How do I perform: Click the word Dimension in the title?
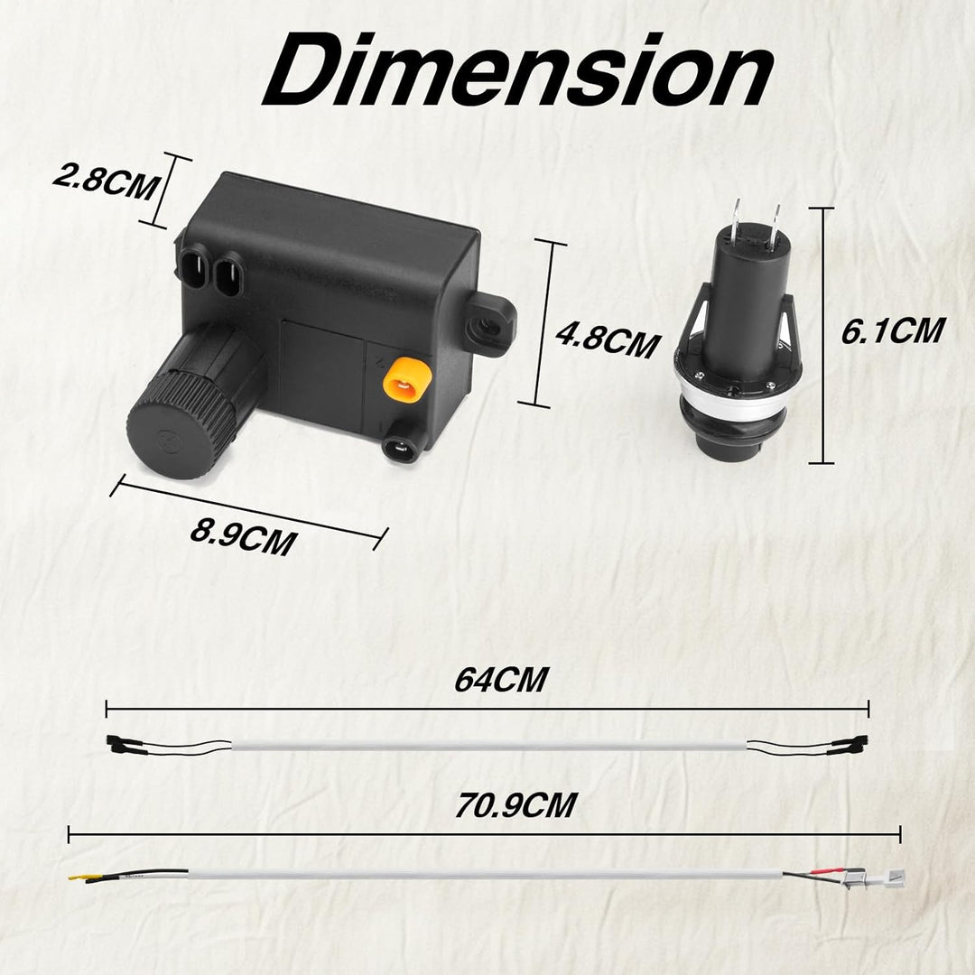[x=517, y=70]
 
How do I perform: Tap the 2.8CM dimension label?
[x=105, y=181]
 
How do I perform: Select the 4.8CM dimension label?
[x=607, y=339]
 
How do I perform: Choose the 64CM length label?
[x=501, y=679]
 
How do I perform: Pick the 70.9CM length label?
[x=515, y=805]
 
